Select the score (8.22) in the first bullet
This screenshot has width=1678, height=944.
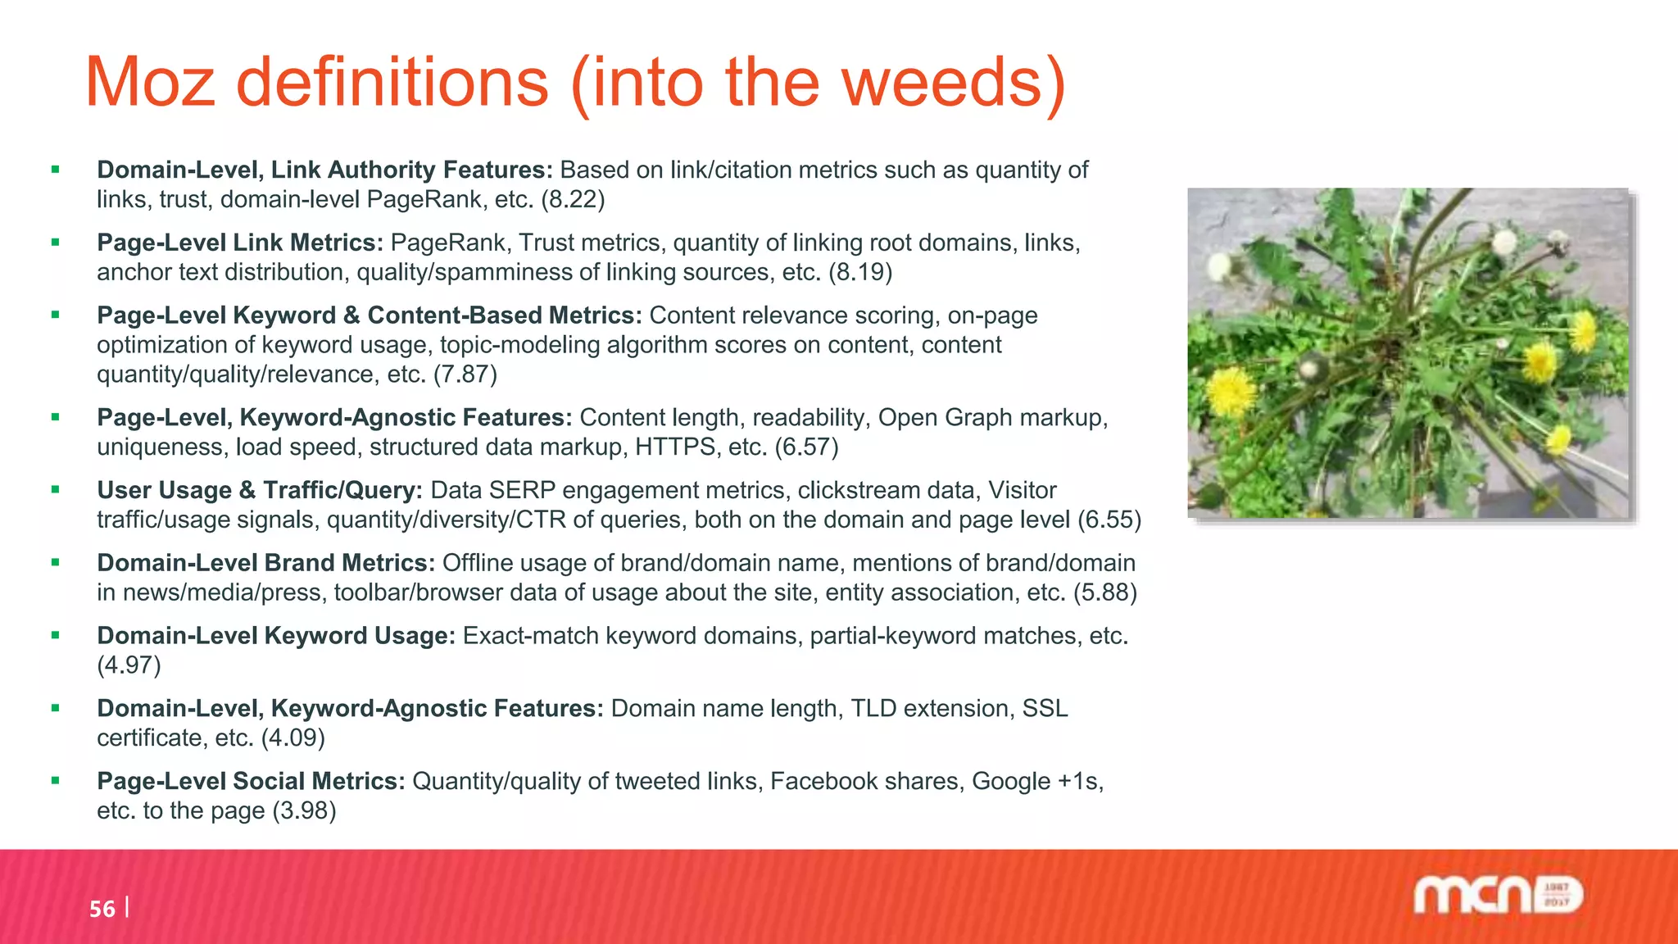tap(573, 199)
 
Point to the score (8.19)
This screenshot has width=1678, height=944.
tap(859, 272)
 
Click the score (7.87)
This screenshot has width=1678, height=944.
tap(465, 374)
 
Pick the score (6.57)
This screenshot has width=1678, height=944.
tap(806, 447)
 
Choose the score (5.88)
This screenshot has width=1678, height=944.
tap(1104, 592)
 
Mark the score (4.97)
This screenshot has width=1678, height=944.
tap(129, 665)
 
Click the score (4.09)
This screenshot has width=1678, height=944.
tap(293, 738)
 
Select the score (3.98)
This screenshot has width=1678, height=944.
tap(304, 811)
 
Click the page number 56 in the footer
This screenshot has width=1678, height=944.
tap(102, 909)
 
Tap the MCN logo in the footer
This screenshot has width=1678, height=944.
tap(1498, 895)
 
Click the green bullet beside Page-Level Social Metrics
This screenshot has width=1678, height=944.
tap(56, 781)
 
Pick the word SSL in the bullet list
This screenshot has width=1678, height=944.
tap(1045, 709)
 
